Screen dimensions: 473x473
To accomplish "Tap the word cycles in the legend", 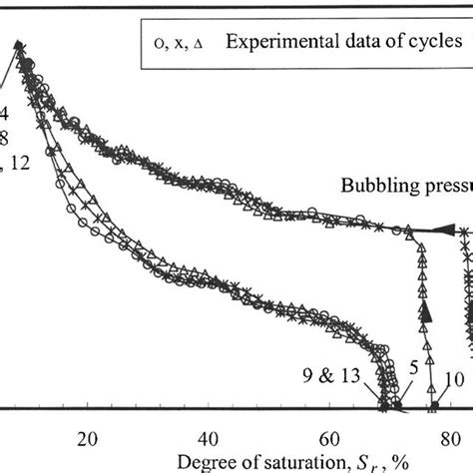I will click(435, 41).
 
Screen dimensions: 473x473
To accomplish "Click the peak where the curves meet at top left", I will click(19, 43).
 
